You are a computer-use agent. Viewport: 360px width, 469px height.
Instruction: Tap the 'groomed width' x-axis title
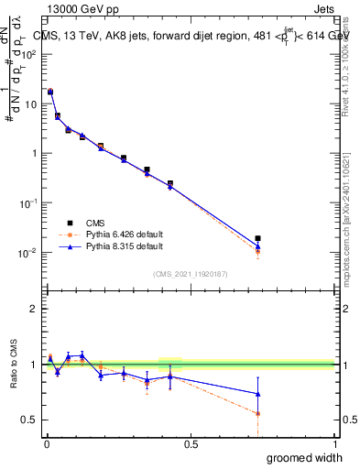coord(306,457)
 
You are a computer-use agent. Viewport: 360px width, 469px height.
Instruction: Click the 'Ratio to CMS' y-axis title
coord(14,364)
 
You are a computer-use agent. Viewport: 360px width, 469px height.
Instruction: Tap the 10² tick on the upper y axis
coord(29,53)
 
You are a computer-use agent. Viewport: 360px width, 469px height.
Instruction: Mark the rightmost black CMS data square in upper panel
coord(257,238)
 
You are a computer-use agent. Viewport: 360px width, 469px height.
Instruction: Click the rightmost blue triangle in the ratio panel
coord(257,394)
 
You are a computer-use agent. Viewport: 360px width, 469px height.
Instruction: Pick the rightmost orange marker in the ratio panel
coord(257,414)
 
